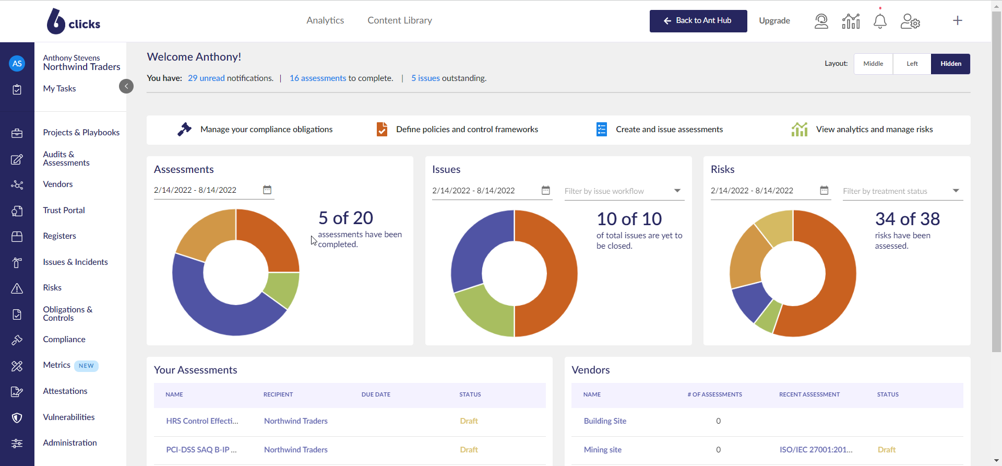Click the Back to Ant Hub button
coord(698,21)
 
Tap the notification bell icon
coord(880,21)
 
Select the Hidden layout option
coord(950,64)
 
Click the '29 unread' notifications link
coord(206,78)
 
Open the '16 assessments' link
coord(317,78)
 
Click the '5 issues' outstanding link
coord(425,78)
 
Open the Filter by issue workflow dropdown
coord(624,191)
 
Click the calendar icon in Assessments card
coord(267,190)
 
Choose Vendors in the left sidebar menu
coord(58,184)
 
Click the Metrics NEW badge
coord(86,366)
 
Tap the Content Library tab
coord(399,20)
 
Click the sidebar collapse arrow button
coord(126,86)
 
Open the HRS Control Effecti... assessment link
coord(202,421)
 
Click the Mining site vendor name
coord(602,450)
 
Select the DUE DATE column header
coord(376,394)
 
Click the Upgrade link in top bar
coord(774,21)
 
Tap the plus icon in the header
coord(957,21)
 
